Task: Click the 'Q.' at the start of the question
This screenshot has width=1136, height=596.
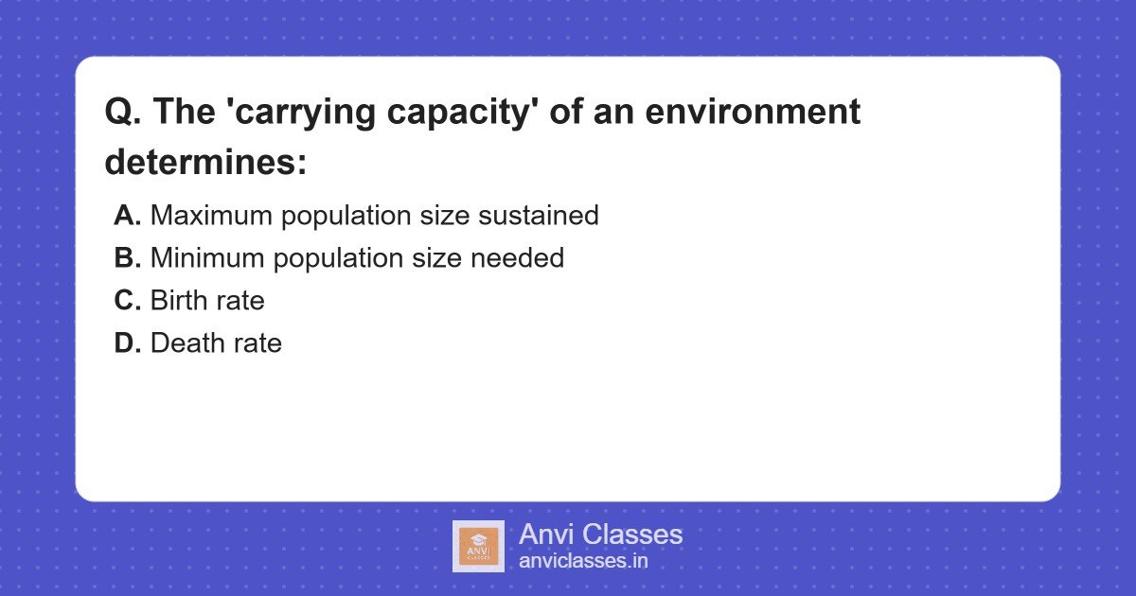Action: [123, 113]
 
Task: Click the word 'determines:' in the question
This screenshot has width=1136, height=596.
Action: [206, 162]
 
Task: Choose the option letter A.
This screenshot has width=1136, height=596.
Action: [127, 216]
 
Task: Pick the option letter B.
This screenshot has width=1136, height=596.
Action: [127, 258]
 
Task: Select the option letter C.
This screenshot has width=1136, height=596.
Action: [127, 301]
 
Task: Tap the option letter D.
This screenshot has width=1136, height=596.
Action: [127, 343]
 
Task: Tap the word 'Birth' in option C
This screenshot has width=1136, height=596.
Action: [177, 301]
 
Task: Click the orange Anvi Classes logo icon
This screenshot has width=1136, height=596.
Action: [478, 546]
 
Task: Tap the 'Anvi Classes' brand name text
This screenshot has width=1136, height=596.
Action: [600, 535]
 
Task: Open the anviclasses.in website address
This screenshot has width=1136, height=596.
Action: [583, 561]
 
